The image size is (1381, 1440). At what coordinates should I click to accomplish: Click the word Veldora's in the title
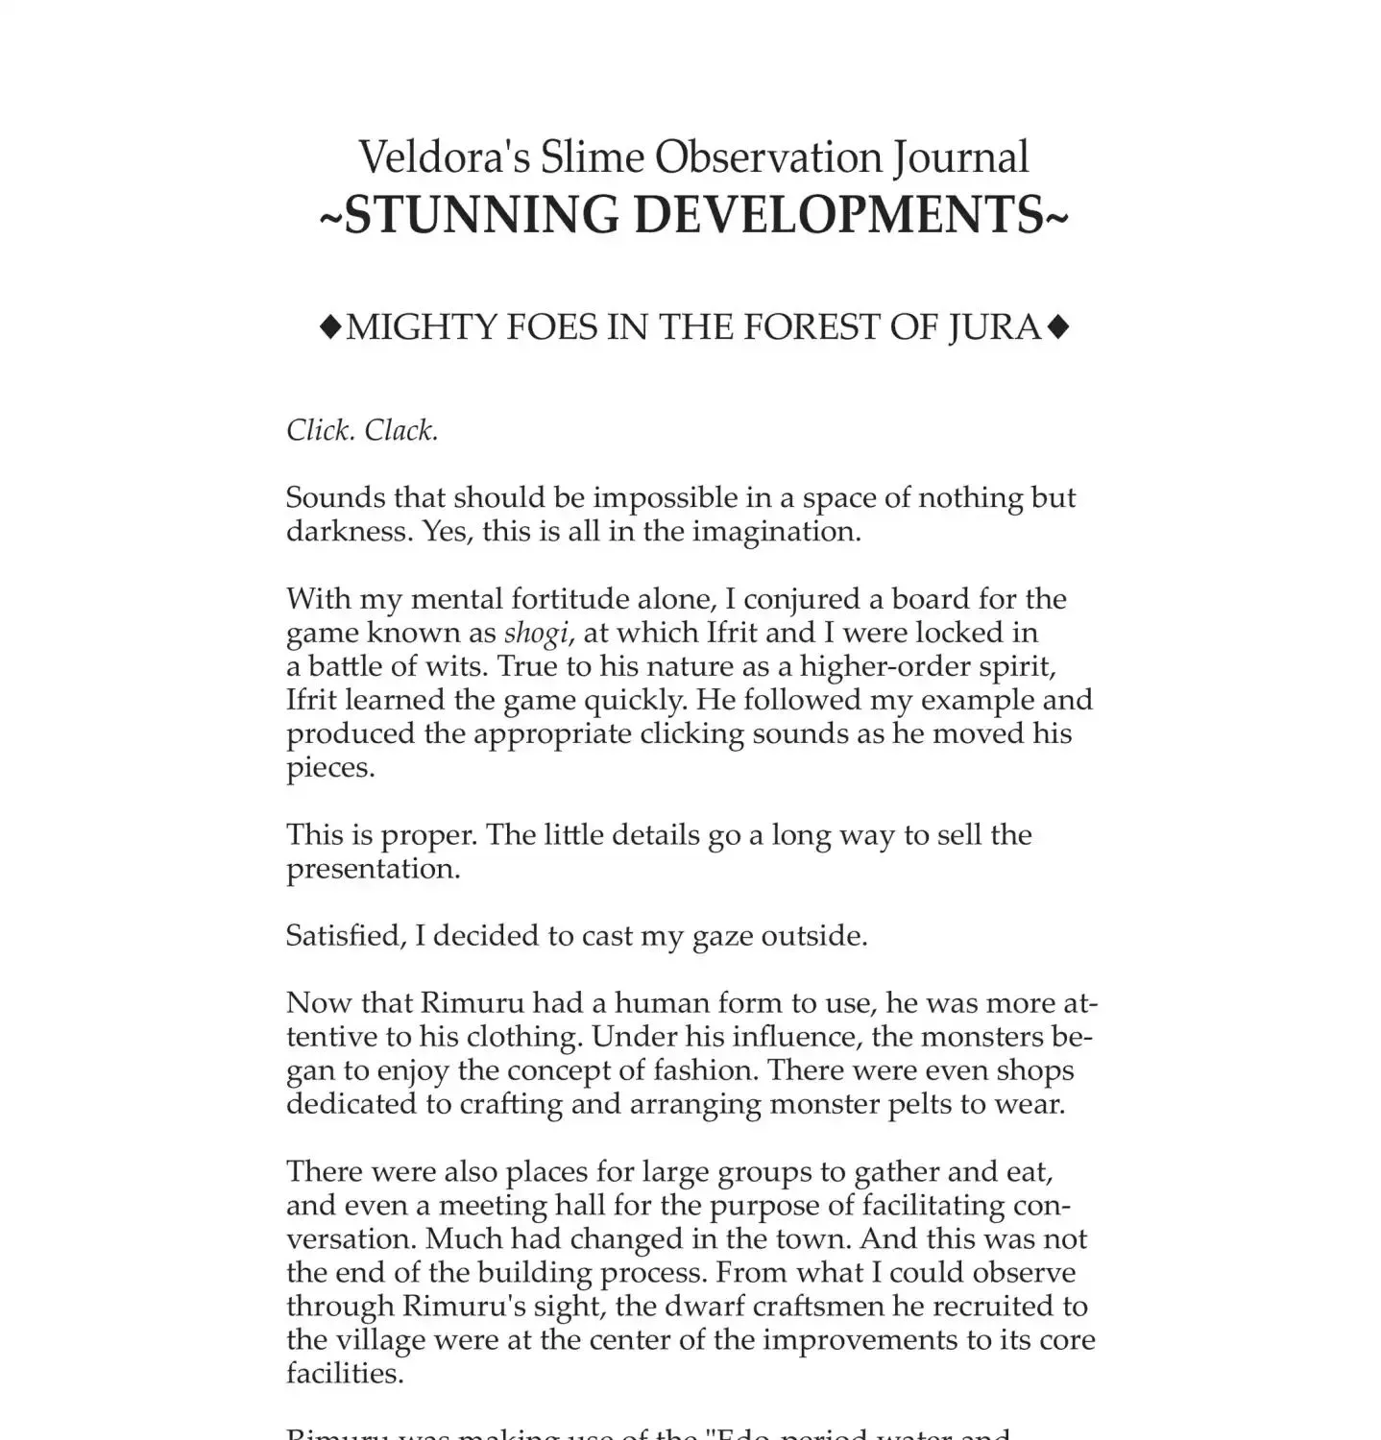click(443, 157)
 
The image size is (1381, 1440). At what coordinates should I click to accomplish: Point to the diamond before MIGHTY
click(329, 327)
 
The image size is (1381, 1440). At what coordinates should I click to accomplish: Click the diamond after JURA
click(1057, 327)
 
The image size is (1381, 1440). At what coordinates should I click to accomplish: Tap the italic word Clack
click(400, 430)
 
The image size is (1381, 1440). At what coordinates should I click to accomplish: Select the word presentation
click(373, 869)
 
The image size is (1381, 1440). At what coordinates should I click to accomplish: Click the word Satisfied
click(346, 936)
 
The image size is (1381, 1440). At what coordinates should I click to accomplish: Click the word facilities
click(344, 1374)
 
